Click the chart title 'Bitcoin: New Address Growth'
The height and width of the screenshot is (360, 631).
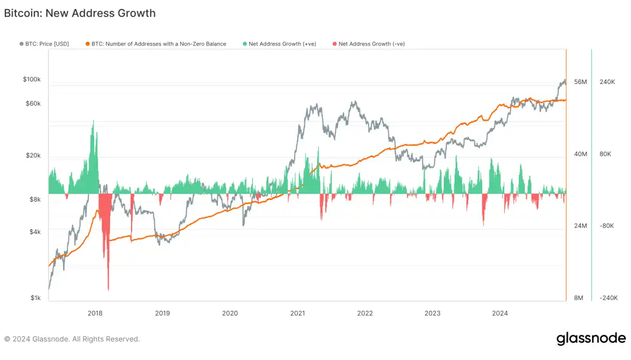coord(80,13)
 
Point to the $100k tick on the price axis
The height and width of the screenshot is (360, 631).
coord(32,79)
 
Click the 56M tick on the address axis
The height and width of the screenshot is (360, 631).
coord(580,82)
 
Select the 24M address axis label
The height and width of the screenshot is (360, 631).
coord(580,226)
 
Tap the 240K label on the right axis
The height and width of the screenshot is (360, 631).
coord(607,82)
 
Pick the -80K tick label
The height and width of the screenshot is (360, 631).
coord(607,226)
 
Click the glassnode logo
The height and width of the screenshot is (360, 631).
coord(591,339)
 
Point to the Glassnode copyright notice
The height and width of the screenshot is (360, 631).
coord(72,339)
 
